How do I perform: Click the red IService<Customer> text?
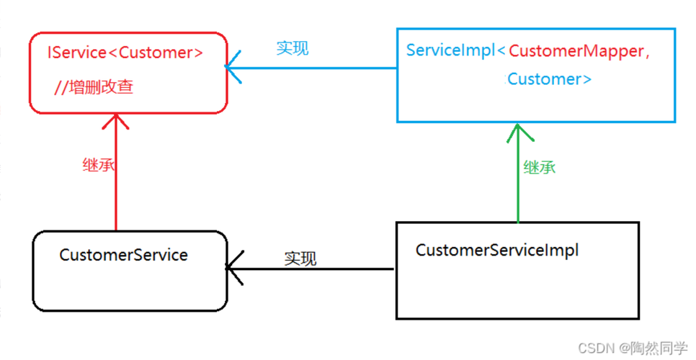click(125, 53)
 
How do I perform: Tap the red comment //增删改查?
click(94, 87)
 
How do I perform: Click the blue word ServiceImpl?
click(450, 50)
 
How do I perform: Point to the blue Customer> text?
click(550, 79)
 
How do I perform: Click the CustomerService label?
click(123, 255)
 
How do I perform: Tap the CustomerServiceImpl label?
click(497, 250)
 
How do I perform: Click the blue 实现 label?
click(293, 48)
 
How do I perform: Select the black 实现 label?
click(300, 258)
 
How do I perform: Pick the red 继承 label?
click(99, 165)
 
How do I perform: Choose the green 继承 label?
click(540, 168)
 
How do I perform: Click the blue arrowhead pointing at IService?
click(233, 67)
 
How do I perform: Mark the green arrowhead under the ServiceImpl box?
click(519, 132)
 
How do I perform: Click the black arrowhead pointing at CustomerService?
click(234, 268)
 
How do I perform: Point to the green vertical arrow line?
click(518, 173)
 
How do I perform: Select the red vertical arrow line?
click(116, 172)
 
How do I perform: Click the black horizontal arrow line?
click(309, 269)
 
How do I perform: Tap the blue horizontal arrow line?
click(311, 68)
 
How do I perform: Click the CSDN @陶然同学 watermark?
click(633, 348)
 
